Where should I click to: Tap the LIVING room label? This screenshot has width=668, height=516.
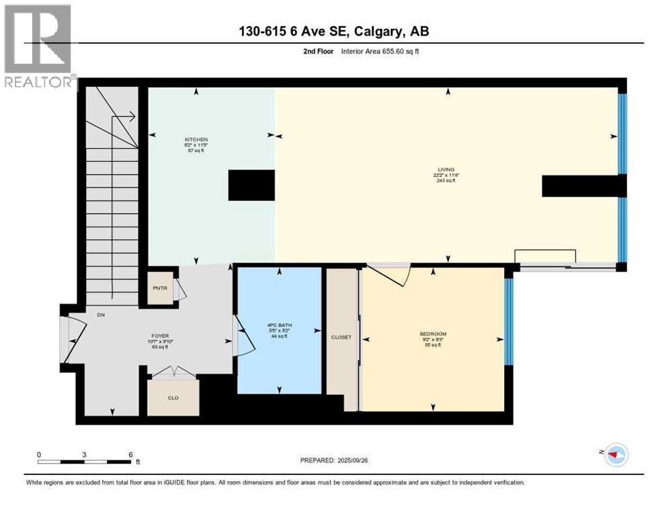[445, 170]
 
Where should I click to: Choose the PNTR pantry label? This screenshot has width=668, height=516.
[160, 290]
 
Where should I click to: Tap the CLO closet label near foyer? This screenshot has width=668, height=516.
[173, 396]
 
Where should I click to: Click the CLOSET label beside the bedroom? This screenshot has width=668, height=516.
[341, 337]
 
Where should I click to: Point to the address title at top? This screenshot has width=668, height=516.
[333, 32]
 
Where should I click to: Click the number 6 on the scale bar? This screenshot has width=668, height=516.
[130, 454]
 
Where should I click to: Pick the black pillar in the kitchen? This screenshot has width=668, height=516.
[251, 185]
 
